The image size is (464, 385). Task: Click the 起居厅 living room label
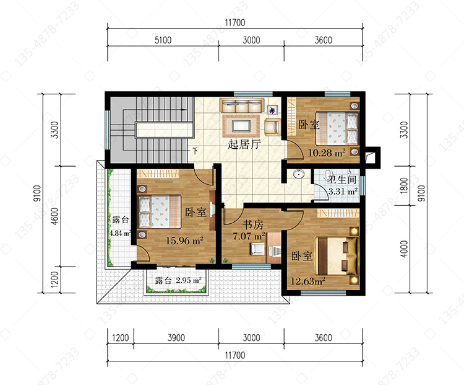(244, 144)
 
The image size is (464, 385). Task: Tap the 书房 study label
(253, 224)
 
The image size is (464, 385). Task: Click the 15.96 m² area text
(184, 241)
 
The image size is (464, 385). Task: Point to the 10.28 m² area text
(327, 153)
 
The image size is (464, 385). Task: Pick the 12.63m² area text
(308, 281)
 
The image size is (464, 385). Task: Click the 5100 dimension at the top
(163, 40)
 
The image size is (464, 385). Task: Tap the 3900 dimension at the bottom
(176, 337)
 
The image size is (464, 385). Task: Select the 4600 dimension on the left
(54, 216)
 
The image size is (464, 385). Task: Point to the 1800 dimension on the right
(404, 186)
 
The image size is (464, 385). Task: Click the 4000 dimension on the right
(404, 249)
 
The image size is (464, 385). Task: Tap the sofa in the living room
(242, 106)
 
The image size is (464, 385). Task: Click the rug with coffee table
(241, 126)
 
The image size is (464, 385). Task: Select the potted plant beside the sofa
(272, 110)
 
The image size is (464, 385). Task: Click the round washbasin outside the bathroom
(299, 174)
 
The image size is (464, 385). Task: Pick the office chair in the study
(257, 249)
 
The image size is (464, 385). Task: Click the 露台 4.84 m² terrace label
(120, 226)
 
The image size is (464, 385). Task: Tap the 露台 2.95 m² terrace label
(178, 280)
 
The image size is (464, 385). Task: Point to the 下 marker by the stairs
(195, 151)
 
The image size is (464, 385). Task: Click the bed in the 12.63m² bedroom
(337, 256)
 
